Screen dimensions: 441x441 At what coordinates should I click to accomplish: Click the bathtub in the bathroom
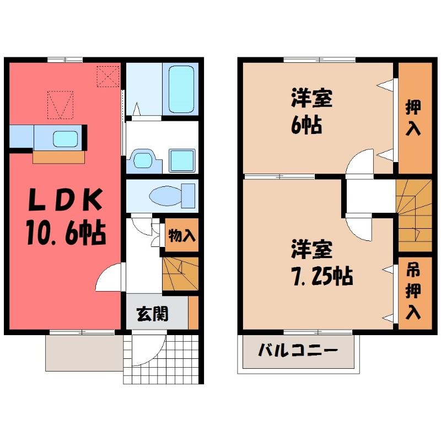(x=181, y=89)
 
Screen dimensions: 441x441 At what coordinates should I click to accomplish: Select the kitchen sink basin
(x=65, y=139)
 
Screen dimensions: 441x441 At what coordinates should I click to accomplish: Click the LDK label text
(x=65, y=200)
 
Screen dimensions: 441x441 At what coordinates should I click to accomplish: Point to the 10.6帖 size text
(x=66, y=233)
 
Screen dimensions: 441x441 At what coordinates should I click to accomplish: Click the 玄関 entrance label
(x=153, y=314)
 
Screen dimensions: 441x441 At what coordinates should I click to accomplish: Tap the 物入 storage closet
(x=182, y=235)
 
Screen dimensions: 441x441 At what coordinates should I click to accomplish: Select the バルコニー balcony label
(x=298, y=351)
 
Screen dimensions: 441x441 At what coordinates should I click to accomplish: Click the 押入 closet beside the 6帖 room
(x=415, y=118)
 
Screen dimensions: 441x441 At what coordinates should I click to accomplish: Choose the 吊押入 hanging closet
(x=415, y=293)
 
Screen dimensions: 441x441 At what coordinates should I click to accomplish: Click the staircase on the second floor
(x=414, y=216)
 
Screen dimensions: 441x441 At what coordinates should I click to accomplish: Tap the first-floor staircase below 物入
(x=181, y=273)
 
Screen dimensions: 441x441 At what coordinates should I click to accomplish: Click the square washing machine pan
(x=182, y=160)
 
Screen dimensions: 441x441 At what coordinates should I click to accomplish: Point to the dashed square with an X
(x=108, y=76)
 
